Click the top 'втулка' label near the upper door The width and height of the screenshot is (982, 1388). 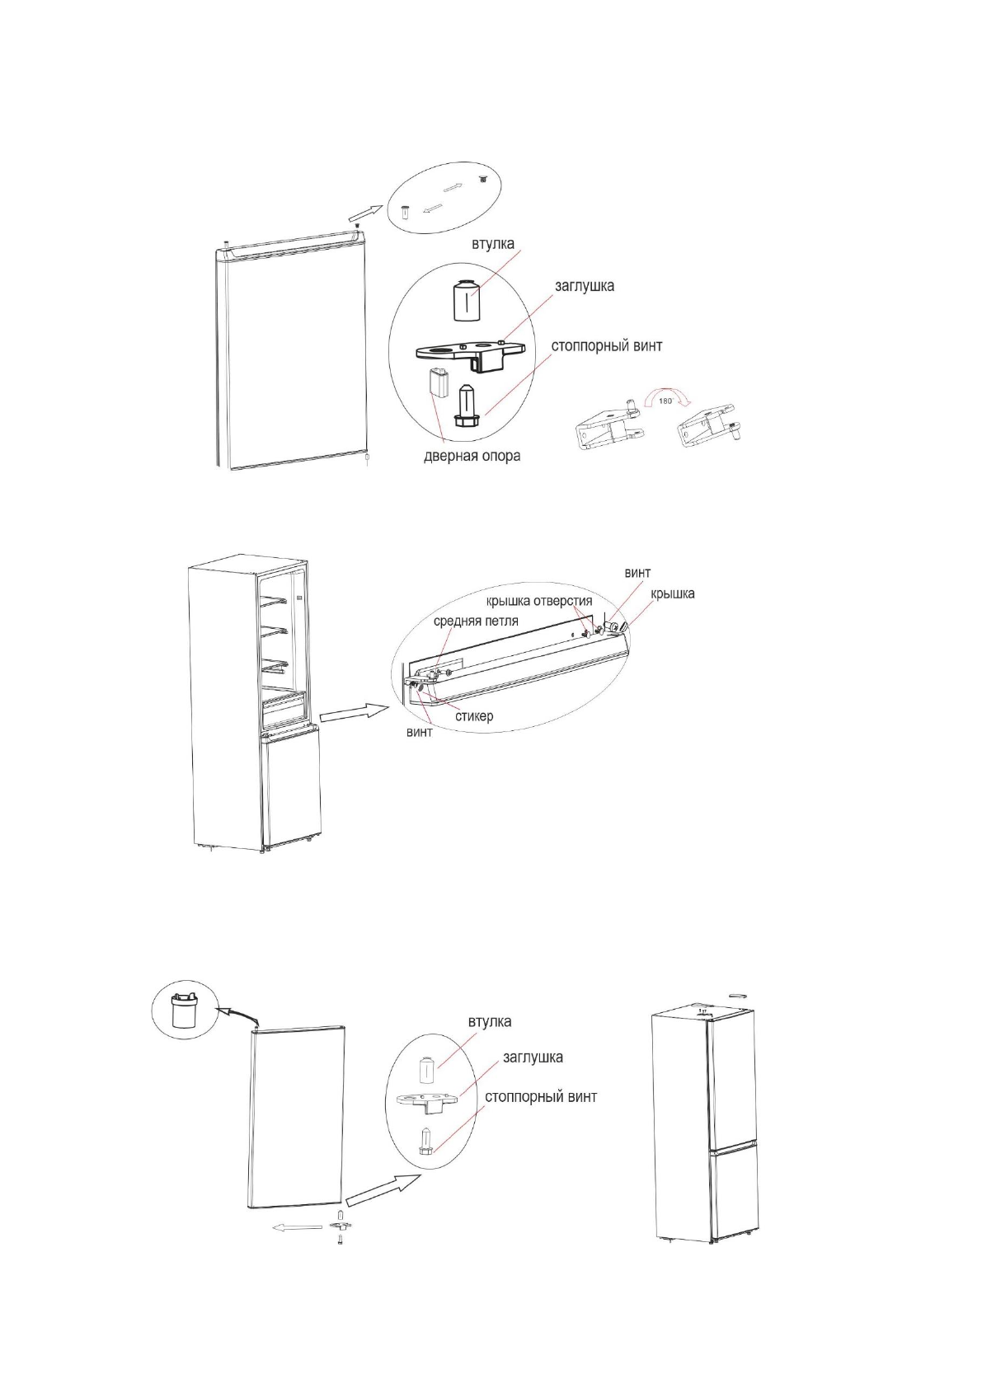pyautogui.click(x=492, y=244)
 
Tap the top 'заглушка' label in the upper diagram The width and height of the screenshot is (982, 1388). pyautogui.click(x=583, y=286)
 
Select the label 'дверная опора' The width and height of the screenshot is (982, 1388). pyautogui.click(x=472, y=456)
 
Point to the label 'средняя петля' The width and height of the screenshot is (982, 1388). pyautogui.click(x=476, y=621)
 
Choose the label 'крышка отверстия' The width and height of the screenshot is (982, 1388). pyautogui.click(x=538, y=601)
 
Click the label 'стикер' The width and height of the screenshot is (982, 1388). pyautogui.click(x=474, y=715)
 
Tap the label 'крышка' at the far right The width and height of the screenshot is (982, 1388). pyautogui.click(x=672, y=593)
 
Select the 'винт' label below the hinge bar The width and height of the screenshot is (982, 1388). pyautogui.click(x=420, y=733)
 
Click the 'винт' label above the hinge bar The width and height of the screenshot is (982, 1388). pyautogui.click(x=637, y=573)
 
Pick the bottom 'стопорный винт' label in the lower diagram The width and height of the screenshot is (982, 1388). pyautogui.click(x=540, y=1097)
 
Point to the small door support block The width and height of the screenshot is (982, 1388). pyautogui.click(x=437, y=383)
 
